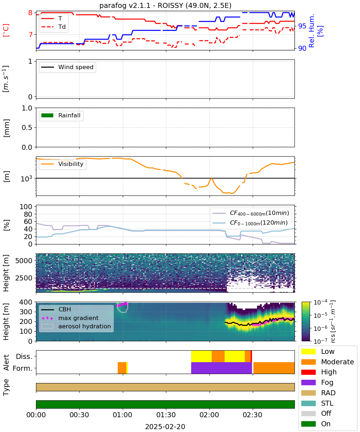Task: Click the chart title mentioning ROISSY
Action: pyautogui.click(x=165, y=5)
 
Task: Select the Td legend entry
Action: pyautogui.click(x=53, y=27)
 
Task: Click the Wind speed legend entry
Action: pyautogui.click(x=67, y=67)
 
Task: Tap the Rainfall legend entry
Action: pyautogui.click(x=60, y=115)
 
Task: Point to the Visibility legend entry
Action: pyautogui.click(x=62, y=164)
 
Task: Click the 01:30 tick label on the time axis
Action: pyautogui.click(x=166, y=415)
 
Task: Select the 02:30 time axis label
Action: pyautogui.click(x=253, y=415)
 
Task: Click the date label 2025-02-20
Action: pyautogui.click(x=165, y=427)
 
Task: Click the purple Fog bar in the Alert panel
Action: pyautogui.click(x=222, y=368)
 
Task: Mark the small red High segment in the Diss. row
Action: pyautogui.click(x=251, y=356)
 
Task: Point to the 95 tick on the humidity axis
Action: pyautogui.click(x=302, y=26)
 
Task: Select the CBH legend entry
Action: pyautogui.click(x=56, y=309)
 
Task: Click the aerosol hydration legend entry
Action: pyautogui.click(x=76, y=326)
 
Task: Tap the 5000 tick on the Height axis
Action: pyautogui.click(x=24, y=261)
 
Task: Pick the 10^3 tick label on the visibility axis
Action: pyautogui.click(x=27, y=178)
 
